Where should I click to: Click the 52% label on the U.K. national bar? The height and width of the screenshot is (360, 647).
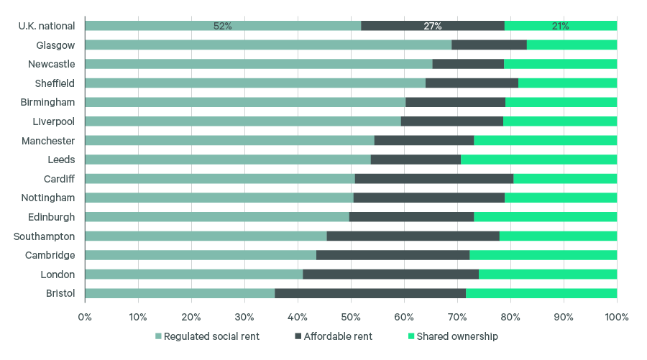click(x=222, y=26)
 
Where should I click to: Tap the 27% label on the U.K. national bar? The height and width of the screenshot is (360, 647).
click(x=432, y=26)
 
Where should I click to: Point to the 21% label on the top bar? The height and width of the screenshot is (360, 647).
click(x=560, y=26)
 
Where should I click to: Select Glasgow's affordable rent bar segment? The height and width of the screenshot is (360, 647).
click(x=489, y=45)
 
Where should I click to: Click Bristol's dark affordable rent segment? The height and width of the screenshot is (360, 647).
click(x=370, y=293)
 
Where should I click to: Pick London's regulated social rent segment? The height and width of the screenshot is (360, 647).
click(x=193, y=274)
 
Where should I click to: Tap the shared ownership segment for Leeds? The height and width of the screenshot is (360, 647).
click(x=538, y=160)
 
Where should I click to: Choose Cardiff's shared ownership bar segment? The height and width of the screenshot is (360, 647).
click(x=565, y=178)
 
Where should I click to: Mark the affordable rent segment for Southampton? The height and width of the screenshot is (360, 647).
click(x=413, y=236)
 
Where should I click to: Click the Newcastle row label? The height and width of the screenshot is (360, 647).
click(x=51, y=64)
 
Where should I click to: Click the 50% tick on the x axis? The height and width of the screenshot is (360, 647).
click(x=351, y=317)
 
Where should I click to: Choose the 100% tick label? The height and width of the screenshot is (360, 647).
click(x=617, y=317)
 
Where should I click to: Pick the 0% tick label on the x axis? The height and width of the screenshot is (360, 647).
click(x=85, y=317)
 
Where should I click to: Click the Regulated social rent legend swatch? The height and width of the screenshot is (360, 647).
click(x=159, y=336)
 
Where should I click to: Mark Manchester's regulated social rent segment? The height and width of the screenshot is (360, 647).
click(x=229, y=140)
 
